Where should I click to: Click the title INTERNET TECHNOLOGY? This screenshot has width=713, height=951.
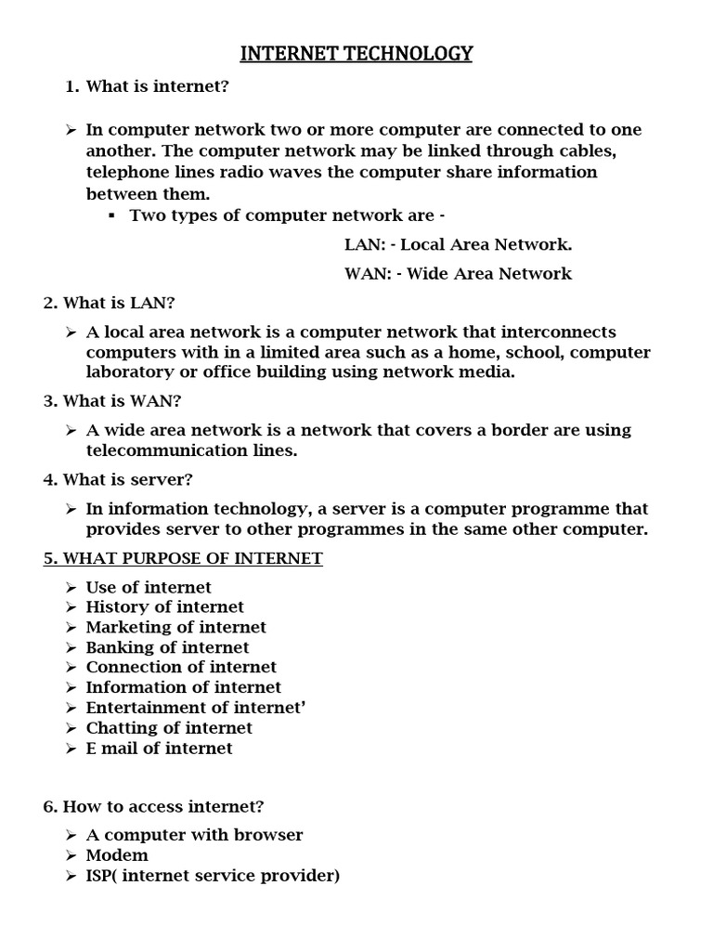(356, 54)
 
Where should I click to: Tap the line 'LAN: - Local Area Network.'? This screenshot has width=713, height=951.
(458, 244)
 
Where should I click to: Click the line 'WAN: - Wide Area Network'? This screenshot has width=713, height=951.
(458, 273)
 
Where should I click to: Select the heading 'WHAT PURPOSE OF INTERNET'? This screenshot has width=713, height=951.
(183, 558)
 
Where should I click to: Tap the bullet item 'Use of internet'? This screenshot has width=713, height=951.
(149, 587)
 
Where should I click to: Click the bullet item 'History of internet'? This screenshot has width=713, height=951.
(164, 606)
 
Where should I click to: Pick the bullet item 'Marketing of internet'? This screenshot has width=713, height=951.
(175, 627)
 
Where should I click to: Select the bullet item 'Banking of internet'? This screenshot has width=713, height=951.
(167, 647)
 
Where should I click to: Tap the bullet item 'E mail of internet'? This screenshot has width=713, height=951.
(159, 748)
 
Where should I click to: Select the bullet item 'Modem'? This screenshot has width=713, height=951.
(117, 854)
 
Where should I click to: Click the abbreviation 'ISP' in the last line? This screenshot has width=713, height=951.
(101, 875)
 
